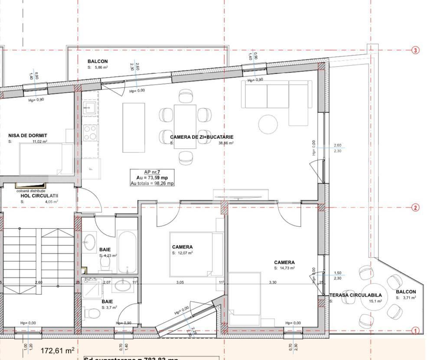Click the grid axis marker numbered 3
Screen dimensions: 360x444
tap(415, 50)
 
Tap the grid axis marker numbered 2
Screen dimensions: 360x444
tap(415, 208)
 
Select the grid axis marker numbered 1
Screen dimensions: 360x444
tap(415, 331)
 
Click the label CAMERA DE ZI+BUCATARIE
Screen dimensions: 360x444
tap(202, 137)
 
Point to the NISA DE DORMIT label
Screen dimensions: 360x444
tap(28, 136)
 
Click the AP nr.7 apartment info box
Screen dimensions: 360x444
tap(153, 178)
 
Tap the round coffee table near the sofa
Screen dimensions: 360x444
tap(268, 124)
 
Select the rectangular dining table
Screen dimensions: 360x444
tap(185, 127)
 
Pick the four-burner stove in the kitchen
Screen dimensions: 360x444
tap(90, 133)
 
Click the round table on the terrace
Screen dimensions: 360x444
tap(375, 296)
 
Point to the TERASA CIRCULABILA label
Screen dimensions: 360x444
tap(356, 295)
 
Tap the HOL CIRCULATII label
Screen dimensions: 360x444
tap(39, 196)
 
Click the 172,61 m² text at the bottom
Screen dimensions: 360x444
tap(57, 350)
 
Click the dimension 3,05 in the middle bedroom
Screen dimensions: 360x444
tap(180, 283)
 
